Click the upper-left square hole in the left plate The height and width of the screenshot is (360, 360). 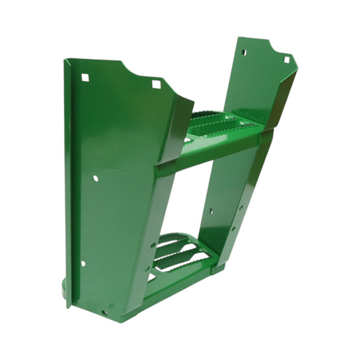pyautogui.click(x=85, y=77)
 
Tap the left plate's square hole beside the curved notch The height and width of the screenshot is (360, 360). pyautogui.click(x=157, y=84)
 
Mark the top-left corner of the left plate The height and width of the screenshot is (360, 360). pyautogui.click(x=66, y=61)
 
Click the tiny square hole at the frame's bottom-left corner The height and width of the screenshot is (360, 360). pyautogui.click(x=104, y=313)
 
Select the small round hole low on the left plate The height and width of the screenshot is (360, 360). pyautogui.click(x=83, y=264)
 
